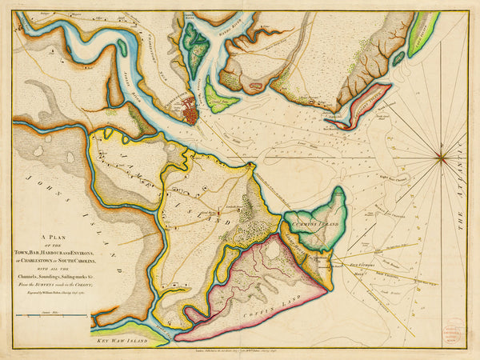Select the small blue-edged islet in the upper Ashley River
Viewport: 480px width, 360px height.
[x=122, y=47]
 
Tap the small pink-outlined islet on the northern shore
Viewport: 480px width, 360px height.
[x=256, y=82]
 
